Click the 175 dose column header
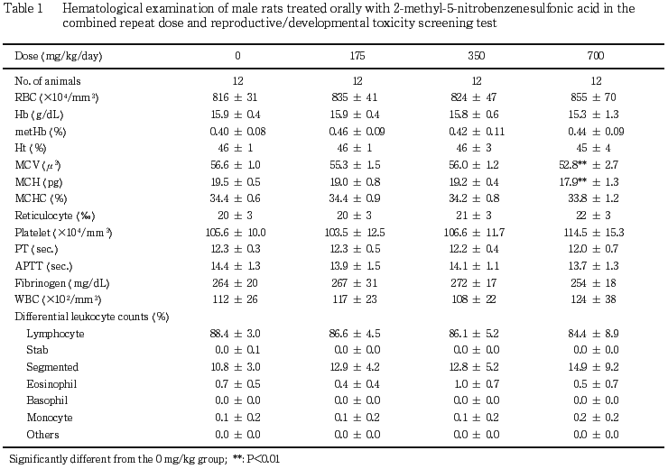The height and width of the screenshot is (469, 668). pyautogui.click(x=357, y=56)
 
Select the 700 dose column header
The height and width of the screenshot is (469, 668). pyautogui.click(x=596, y=56)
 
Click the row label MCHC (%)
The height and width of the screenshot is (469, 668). pyautogui.click(x=41, y=198)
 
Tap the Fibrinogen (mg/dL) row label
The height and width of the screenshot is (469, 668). pyautogui.click(x=62, y=283)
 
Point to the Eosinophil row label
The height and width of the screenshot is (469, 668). pyautogui.click(x=51, y=384)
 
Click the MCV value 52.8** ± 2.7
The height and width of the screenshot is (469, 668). pyautogui.click(x=589, y=165)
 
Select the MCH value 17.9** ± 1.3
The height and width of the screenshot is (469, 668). pyautogui.click(x=589, y=181)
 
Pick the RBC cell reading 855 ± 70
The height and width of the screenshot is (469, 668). pyautogui.click(x=593, y=97)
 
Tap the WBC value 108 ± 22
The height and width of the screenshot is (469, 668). pyautogui.click(x=474, y=299)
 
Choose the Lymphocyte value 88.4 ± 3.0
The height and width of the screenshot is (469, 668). pyautogui.click(x=236, y=333)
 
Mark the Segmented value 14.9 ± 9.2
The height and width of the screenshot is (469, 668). pyautogui.click(x=593, y=367)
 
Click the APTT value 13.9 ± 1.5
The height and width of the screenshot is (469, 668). pyautogui.click(x=355, y=266)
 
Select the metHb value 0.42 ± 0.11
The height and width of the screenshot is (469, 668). pyautogui.click(x=477, y=132)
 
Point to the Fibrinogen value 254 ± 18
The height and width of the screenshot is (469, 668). pyautogui.click(x=593, y=283)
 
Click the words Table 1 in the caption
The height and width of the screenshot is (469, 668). pyautogui.click(x=23, y=8)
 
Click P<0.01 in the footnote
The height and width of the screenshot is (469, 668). pyautogui.click(x=264, y=459)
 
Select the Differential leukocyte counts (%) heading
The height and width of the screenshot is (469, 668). pyautogui.click(x=92, y=317)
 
